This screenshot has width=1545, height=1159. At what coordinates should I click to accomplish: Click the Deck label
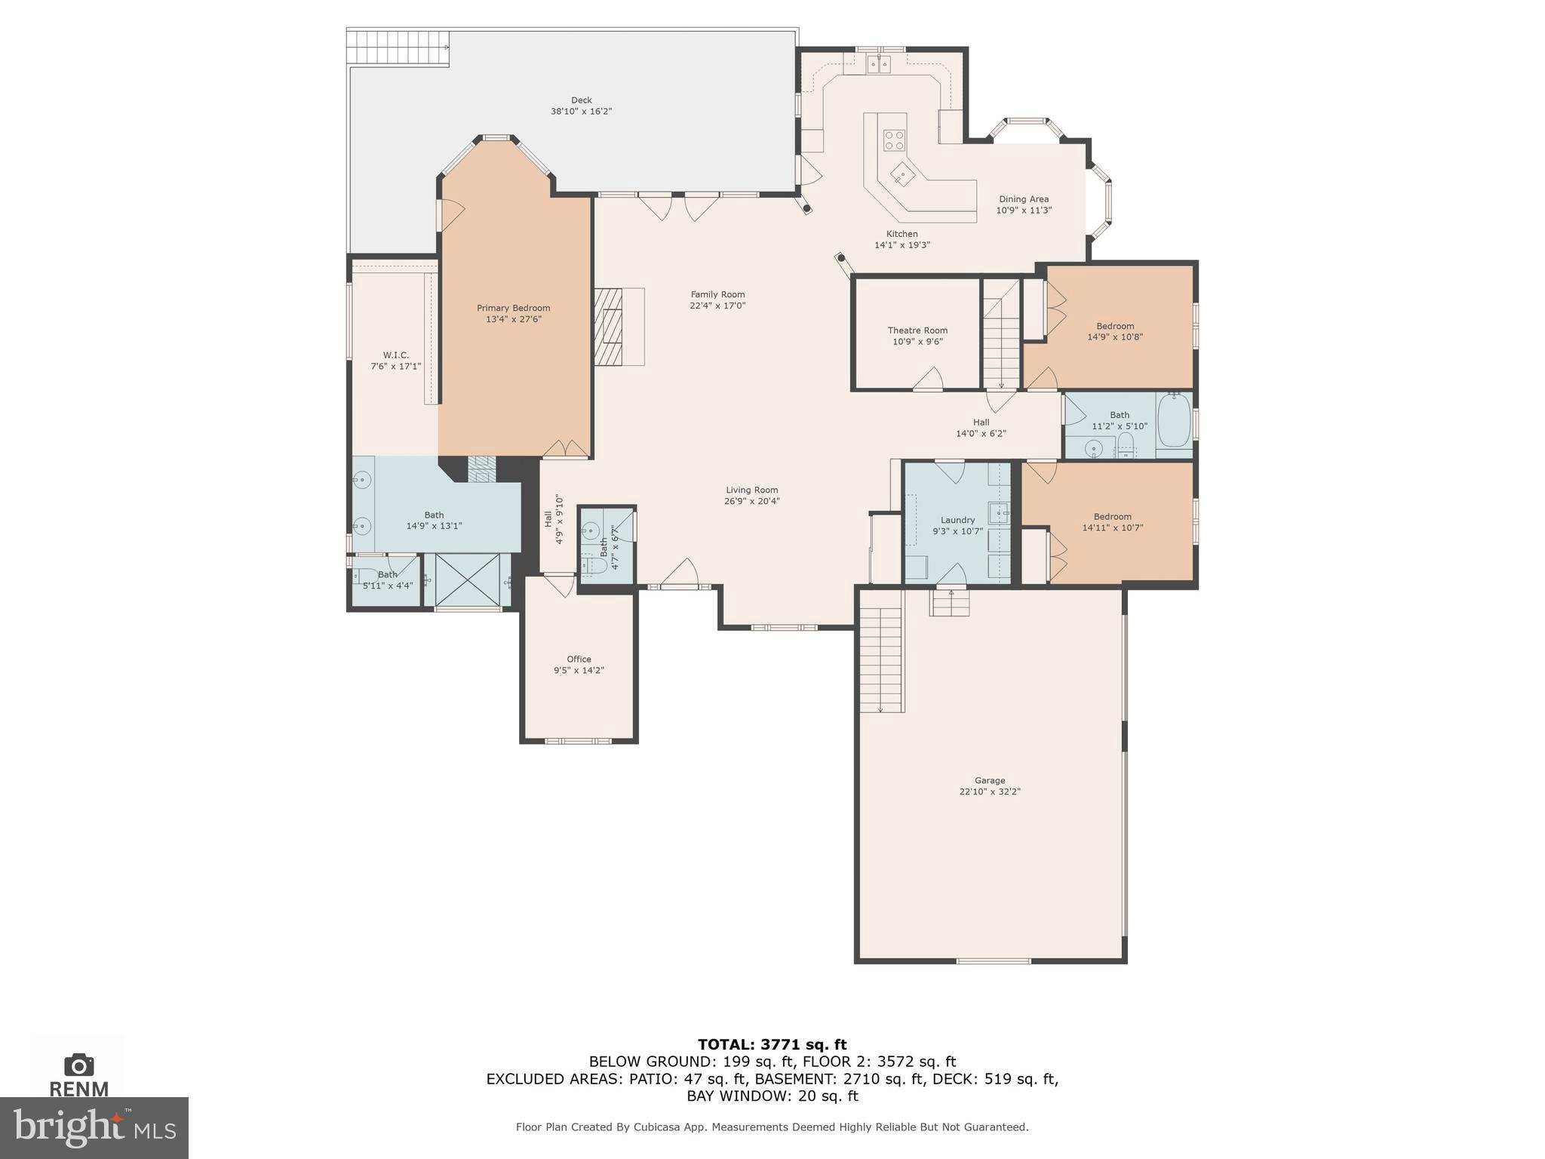[x=581, y=100]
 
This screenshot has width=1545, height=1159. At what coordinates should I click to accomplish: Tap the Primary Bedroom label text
[x=513, y=308]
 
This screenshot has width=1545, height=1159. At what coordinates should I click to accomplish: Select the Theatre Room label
[x=917, y=330]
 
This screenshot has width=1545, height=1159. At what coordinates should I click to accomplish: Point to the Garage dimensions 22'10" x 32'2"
[x=990, y=792]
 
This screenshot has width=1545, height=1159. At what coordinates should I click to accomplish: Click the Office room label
[x=579, y=659]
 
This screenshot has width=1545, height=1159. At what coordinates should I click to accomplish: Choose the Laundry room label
[x=957, y=520]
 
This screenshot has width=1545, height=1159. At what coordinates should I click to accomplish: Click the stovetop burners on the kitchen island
[x=895, y=140]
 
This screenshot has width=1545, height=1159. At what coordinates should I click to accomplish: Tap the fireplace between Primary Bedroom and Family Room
[x=608, y=327]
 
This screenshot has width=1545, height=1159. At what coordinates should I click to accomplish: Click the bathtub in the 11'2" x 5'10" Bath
[x=1173, y=420]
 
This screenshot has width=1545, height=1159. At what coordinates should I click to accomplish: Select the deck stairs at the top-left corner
[x=398, y=48]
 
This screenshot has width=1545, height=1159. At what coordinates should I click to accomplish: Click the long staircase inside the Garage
[x=881, y=650]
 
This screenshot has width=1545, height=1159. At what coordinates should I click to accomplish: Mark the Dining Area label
[x=1024, y=199]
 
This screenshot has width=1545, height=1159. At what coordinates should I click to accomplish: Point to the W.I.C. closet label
[x=395, y=355]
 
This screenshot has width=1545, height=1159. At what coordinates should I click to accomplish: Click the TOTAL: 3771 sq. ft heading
[x=772, y=1044]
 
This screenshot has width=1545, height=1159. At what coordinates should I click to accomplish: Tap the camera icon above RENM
[x=78, y=1065]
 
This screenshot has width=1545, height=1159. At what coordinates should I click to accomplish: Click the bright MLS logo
[x=94, y=1127]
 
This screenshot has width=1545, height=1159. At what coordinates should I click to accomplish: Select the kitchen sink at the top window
[x=878, y=64]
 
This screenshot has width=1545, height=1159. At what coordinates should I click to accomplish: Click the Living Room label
[x=751, y=490]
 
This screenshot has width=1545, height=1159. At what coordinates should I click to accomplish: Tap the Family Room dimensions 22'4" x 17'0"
[x=717, y=306]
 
